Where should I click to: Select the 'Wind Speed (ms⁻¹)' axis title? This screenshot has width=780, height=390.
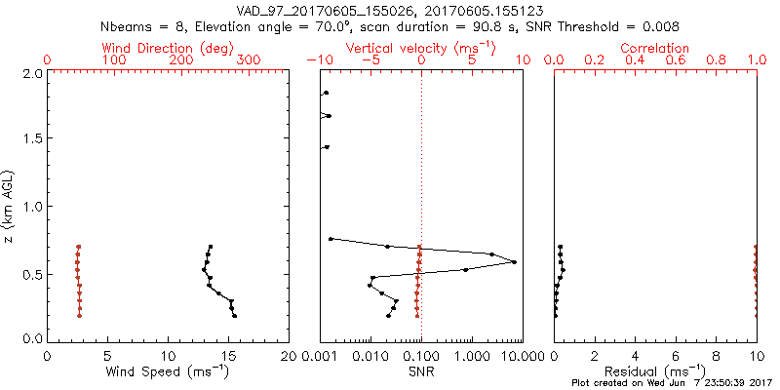pos(169,371)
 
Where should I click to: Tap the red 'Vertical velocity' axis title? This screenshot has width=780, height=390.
pos(420,48)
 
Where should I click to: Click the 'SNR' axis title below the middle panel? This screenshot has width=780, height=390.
pos(421,371)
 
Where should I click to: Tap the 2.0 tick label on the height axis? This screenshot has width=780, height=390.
pos(31,73)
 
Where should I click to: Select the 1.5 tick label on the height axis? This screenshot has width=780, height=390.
pos(31,139)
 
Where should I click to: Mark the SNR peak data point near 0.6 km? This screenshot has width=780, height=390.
pos(514,261)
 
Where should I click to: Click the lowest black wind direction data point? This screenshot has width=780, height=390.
pos(235,316)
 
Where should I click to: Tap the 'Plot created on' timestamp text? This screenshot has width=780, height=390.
pos(674,383)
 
